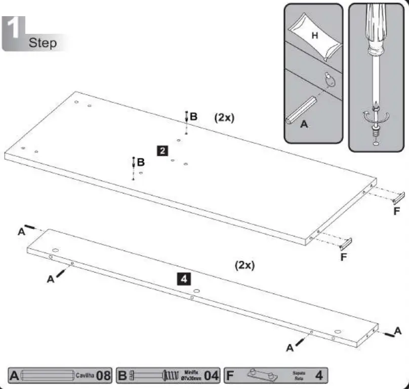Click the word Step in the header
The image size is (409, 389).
(43, 42)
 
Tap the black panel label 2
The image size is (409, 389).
(162, 150)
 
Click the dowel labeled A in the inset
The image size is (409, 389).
(303, 108)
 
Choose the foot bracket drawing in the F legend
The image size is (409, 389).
(263, 375)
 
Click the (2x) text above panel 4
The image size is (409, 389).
(244, 265)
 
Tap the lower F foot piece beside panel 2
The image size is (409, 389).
(346, 243)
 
